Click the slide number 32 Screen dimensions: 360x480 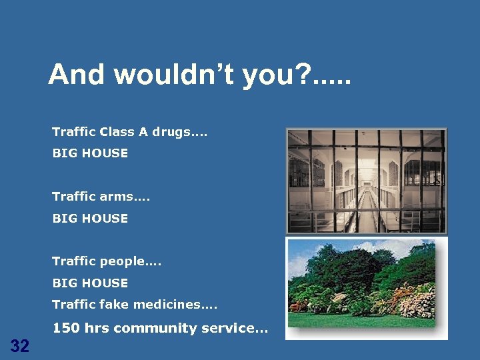tap(20, 345)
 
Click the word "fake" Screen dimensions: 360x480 tap(113, 305)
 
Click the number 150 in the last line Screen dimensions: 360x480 tap(64, 328)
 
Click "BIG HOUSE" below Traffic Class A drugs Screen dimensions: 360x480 tap(90, 153)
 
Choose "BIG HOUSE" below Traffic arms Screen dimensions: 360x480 tap(90, 218)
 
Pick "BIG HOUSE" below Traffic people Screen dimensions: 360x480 tap(90, 283)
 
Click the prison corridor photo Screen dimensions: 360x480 tap(366, 181)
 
